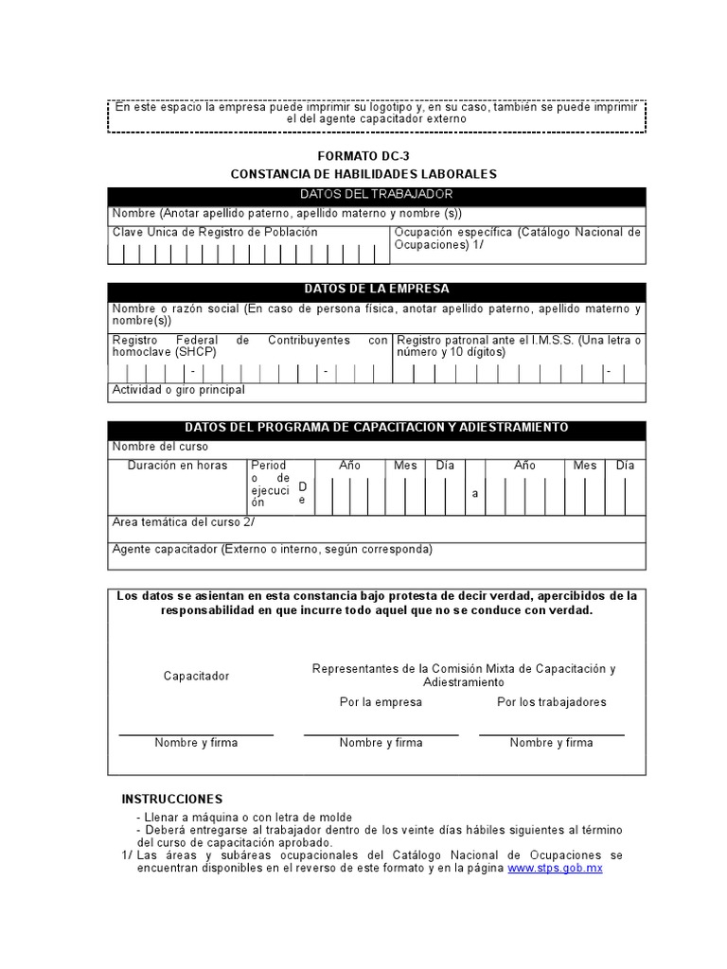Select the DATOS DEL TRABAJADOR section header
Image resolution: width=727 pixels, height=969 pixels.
[377, 194]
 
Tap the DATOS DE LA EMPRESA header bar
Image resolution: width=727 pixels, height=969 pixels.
[377, 290]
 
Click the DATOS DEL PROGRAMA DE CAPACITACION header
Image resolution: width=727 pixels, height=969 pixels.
[377, 428]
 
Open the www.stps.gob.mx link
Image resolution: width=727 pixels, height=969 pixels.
[555, 868]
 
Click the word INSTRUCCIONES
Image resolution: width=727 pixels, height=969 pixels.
[172, 800]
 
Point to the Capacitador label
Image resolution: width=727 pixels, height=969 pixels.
[196, 677]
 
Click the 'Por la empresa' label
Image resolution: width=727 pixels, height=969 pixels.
[381, 702]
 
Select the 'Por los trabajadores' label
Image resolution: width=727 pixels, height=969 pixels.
[551, 702]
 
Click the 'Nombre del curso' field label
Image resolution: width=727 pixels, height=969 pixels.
[160, 447]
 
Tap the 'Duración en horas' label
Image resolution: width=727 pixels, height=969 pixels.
[177, 466]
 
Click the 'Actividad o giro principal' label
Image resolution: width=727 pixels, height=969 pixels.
[178, 390]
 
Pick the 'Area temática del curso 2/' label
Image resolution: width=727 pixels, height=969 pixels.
[183, 522]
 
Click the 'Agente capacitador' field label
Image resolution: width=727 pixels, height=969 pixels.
[272, 550]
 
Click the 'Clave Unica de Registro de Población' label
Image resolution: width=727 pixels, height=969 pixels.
[215, 232]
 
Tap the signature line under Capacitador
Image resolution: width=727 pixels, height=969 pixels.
[196, 734]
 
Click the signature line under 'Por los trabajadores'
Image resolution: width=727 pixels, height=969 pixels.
[551, 734]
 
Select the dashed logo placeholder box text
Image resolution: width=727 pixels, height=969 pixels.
[377, 114]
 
